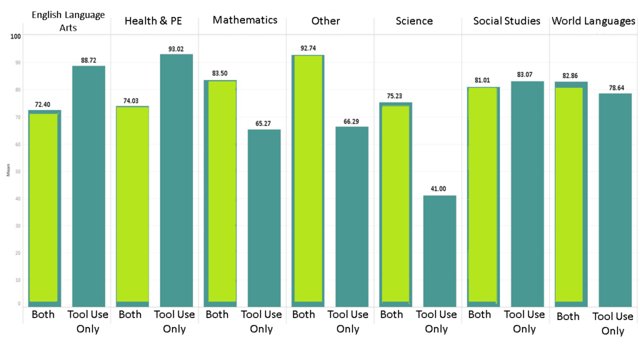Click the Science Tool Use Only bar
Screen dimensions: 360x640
point(439,250)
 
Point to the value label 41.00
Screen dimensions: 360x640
point(439,189)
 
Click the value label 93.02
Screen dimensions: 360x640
point(176,47)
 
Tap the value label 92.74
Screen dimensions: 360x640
point(308,48)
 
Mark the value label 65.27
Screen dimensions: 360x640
point(264,123)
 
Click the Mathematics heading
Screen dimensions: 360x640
point(245,20)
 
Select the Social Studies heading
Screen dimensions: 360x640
point(506,21)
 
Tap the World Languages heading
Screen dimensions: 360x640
point(593,21)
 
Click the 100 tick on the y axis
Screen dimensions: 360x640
point(16,36)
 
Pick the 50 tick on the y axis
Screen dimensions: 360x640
point(18,171)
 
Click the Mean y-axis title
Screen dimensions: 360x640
point(8,171)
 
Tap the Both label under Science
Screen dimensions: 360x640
point(392,314)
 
